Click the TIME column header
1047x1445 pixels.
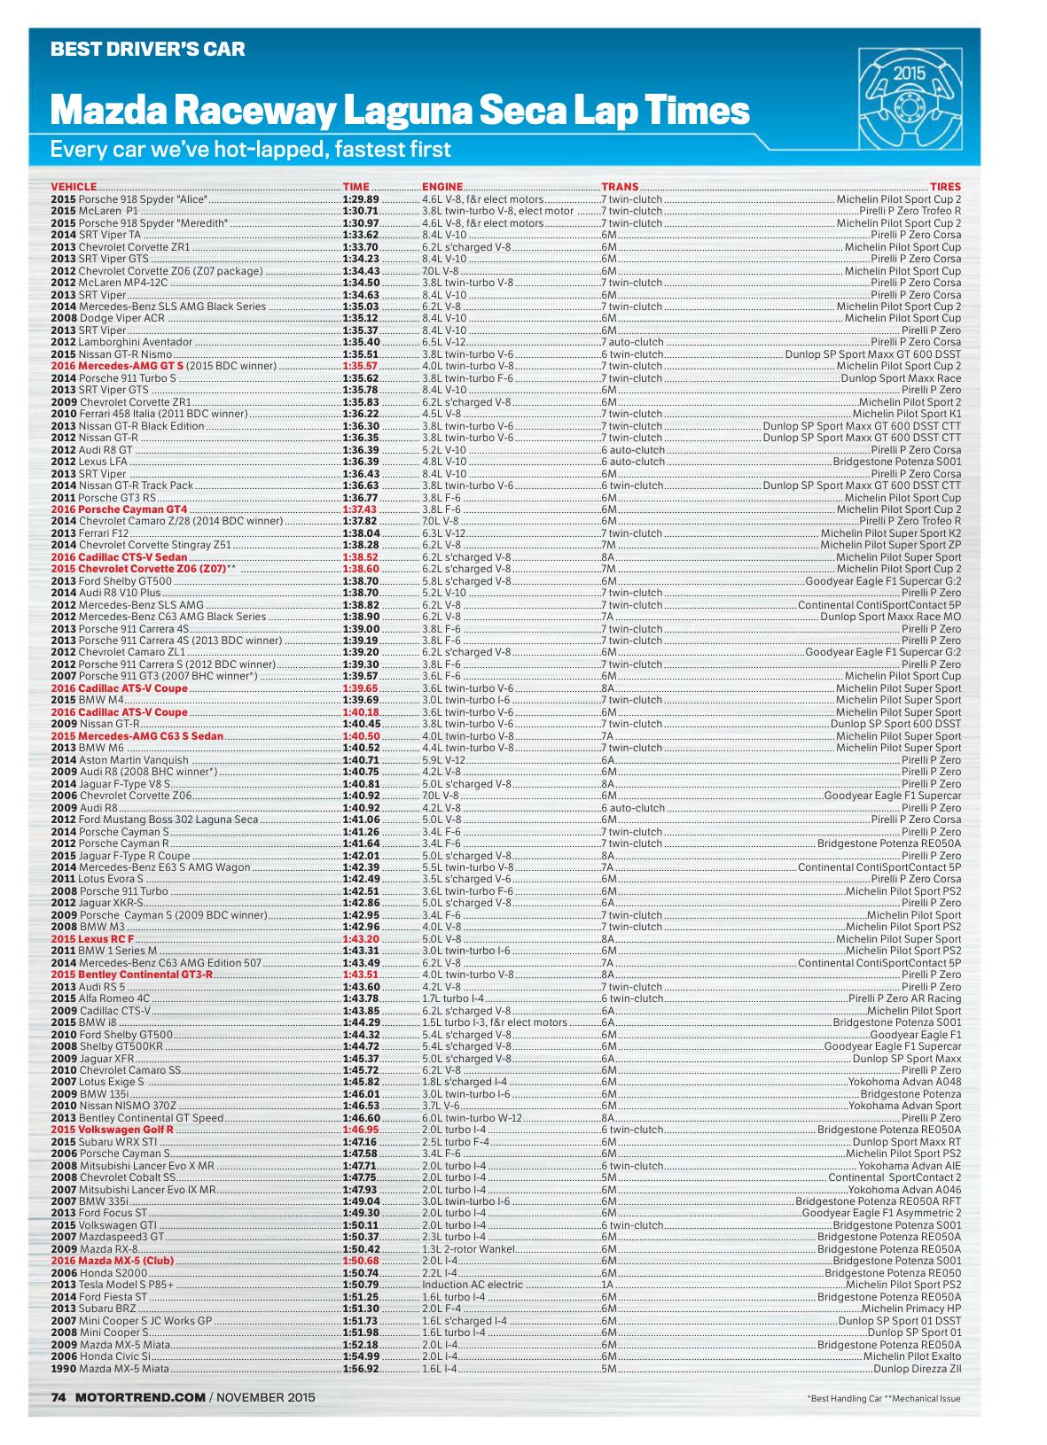(356, 187)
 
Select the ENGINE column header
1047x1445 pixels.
(442, 187)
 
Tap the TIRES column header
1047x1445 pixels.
(945, 187)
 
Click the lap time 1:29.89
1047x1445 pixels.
(361, 199)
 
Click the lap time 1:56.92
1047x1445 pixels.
(361, 1368)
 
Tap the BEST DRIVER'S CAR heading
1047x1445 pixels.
(147, 50)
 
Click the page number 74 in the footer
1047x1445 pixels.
(59, 1398)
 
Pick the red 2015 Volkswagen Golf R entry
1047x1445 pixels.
(112, 1130)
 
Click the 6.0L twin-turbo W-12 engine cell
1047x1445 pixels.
(473, 1117)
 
